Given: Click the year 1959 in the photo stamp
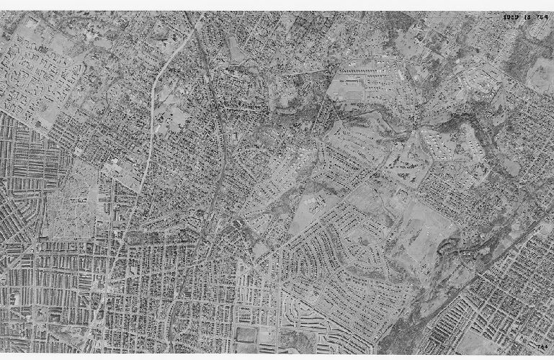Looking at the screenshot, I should click(512, 17).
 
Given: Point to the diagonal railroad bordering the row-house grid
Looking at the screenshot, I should click(475, 288).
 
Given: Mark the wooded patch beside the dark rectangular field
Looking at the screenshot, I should click(295, 338).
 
